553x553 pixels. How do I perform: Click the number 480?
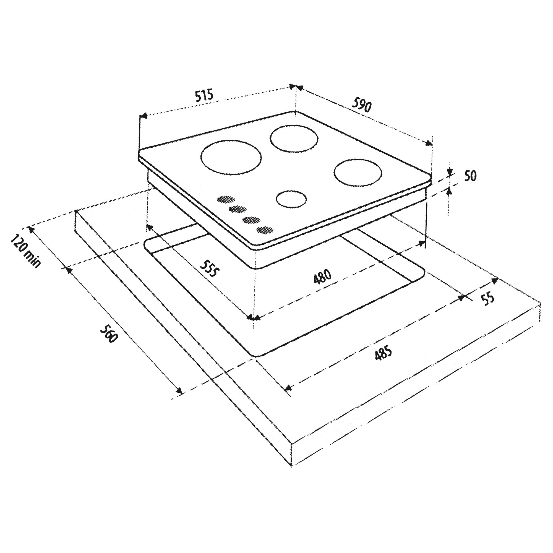(x=323, y=276)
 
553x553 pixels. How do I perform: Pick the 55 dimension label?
(x=488, y=299)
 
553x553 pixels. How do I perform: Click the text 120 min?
(x=25, y=251)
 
